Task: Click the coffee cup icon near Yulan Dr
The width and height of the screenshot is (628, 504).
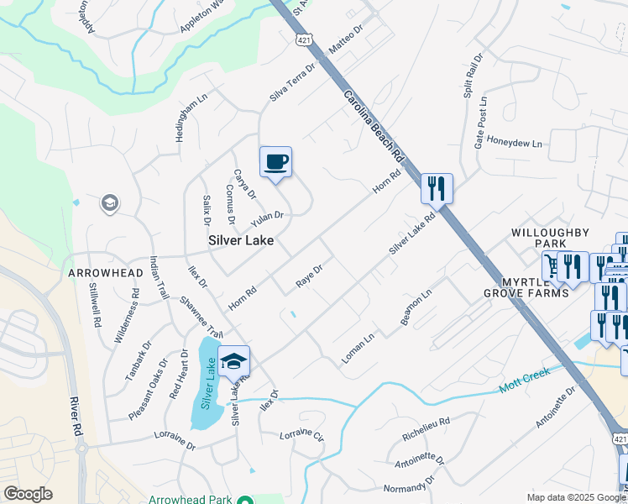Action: [x=275, y=161]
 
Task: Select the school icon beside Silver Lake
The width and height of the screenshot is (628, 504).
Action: [x=234, y=360]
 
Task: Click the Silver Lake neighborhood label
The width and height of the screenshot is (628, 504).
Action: [x=242, y=240]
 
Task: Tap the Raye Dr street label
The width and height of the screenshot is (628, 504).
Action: [x=310, y=276]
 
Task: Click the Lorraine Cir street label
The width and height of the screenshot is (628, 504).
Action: [x=301, y=435]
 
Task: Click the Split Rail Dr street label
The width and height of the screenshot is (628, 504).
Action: [x=473, y=76]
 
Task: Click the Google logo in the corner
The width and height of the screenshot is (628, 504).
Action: [x=28, y=494]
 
